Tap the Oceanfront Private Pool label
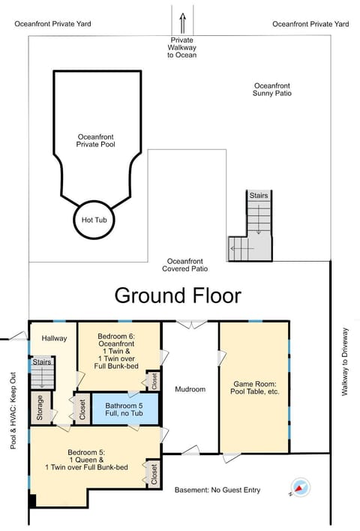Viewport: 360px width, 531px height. (95, 140)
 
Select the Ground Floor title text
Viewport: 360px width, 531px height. (178, 295)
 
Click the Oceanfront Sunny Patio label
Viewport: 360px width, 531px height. (272, 89)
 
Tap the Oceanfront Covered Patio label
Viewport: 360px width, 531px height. (185, 264)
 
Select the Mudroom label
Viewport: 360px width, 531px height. (190, 389)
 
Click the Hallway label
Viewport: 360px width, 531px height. (54, 338)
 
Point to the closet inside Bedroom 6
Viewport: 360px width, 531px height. (152, 381)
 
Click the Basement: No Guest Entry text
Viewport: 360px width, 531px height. (217, 490)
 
